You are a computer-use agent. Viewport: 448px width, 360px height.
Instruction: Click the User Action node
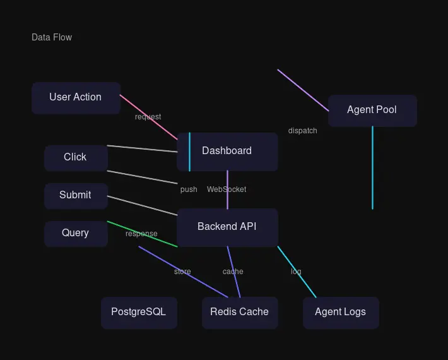tap(76, 97)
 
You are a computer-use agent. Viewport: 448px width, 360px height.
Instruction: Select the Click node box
tap(76, 157)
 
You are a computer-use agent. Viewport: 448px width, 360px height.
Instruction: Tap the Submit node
tap(76, 195)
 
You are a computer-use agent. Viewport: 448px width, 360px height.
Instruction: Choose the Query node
tap(76, 233)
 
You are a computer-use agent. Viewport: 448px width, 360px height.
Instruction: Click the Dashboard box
tap(227, 151)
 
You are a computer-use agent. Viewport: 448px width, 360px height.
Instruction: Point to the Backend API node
tap(227, 227)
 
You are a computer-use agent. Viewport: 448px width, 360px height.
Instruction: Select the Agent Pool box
tap(372, 110)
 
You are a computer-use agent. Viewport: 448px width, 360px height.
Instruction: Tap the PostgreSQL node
tap(139, 312)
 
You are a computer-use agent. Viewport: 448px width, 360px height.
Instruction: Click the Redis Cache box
tap(240, 312)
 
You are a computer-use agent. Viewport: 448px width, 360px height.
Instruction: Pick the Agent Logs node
tap(341, 312)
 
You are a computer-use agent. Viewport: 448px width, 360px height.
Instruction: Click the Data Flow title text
tap(52, 37)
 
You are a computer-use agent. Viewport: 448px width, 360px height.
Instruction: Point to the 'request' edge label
tap(148, 117)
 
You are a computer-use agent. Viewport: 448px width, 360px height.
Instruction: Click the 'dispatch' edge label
tap(303, 131)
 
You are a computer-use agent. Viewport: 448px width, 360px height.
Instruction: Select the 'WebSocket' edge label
tap(227, 189)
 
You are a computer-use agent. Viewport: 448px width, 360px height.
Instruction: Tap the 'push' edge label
tap(189, 189)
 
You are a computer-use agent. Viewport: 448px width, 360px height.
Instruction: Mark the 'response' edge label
tap(141, 234)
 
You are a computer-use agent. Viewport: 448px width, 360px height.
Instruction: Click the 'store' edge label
tap(182, 272)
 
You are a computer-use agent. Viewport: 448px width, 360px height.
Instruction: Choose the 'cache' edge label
tap(233, 272)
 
